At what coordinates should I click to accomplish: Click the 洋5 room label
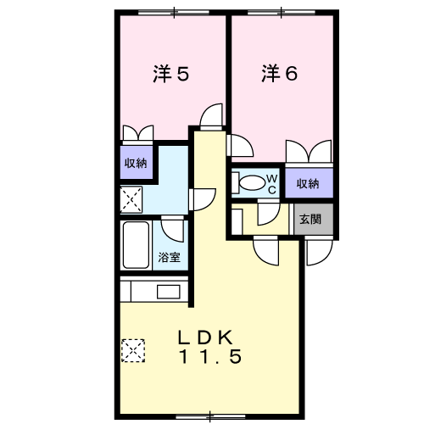coord(171,74)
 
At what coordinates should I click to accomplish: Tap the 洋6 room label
coord(279,73)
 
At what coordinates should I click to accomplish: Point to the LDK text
coord(205,338)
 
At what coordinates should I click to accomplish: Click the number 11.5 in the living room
coord(210,357)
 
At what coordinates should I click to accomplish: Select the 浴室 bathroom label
coord(169,257)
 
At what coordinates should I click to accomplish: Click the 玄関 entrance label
coord(310,219)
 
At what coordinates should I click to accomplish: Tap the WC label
coord(272,184)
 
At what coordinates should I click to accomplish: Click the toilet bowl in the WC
coord(250,183)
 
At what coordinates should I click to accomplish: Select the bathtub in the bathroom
coord(136,245)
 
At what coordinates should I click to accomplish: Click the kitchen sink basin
coord(169,292)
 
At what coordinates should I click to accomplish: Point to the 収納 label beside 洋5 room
coord(136,163)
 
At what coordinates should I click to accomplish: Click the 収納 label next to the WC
coord(308,184)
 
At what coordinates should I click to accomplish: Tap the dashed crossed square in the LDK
coord(133,350)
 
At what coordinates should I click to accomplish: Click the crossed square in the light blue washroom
coord(131,199)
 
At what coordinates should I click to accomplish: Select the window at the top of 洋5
coord(174,12)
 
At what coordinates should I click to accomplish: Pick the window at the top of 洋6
coord(282,12)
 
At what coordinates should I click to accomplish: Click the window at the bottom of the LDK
coord(210,416)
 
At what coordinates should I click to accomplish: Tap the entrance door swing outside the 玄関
coord(319,253)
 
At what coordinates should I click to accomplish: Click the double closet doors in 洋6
coord(309,151)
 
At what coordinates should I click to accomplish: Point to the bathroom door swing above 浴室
coord(172,229)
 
